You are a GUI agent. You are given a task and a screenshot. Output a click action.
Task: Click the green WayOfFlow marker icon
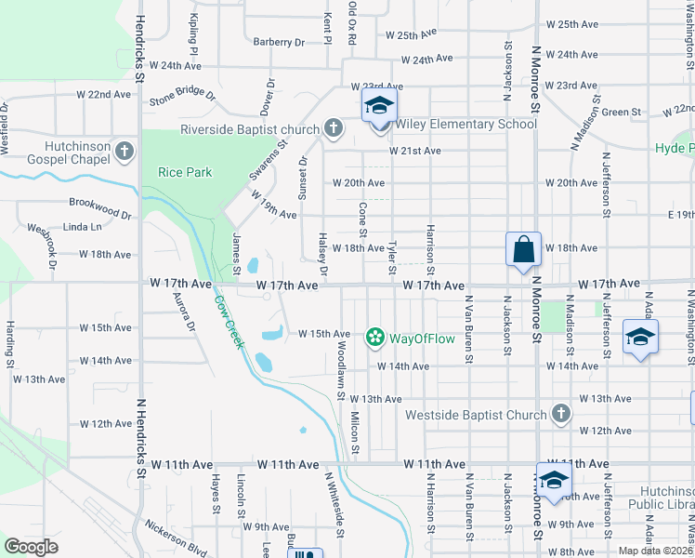point(374,337)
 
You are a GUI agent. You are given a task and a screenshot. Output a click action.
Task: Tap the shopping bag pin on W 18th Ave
point(523,249)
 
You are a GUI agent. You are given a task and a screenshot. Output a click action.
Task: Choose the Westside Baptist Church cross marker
point(559,413)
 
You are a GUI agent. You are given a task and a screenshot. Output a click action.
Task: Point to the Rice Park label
point(186,172)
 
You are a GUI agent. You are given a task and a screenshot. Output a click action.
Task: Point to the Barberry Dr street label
point(279,42)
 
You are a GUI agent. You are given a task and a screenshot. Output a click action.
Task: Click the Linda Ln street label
point(83,226)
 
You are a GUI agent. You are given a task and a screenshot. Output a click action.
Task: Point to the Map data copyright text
point(656,551)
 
